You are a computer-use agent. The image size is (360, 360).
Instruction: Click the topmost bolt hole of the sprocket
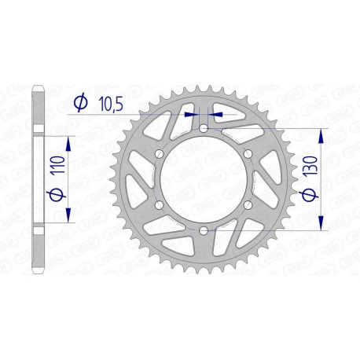203,128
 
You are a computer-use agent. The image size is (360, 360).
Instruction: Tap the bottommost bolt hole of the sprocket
203,230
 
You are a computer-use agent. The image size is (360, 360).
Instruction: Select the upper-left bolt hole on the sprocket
159,154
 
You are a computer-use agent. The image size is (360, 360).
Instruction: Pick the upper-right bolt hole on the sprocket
247,154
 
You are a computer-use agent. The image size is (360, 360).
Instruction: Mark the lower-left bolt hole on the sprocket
159,205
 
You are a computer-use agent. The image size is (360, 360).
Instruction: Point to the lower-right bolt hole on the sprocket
247,205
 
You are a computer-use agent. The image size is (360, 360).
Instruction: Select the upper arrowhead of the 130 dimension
322,134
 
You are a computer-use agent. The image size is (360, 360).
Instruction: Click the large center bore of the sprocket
203,179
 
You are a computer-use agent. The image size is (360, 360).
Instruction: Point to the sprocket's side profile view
37,179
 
